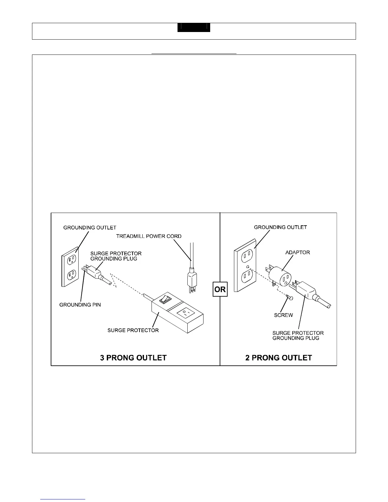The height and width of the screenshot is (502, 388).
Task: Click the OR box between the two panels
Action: [x=220, y=289]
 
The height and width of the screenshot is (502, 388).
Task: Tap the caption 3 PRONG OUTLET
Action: [x=133, y=358]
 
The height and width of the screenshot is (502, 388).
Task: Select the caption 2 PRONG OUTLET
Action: [x=279, y=358]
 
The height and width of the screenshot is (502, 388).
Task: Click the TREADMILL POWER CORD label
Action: [x=149, y=236]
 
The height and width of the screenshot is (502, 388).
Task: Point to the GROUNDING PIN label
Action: [x=80, y=305]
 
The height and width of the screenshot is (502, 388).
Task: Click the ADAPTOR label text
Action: [x=298, y=253]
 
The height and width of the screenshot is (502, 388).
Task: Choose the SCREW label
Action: [x=283, y=315]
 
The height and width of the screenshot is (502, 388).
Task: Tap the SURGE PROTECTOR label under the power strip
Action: [x=133, y=330]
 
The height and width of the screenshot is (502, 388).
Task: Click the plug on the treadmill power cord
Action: [x=191, y=279]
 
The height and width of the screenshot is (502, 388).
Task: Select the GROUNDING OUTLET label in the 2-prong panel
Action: [x=280, y=227]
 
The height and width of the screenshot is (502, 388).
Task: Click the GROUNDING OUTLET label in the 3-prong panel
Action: [x=90, y=228]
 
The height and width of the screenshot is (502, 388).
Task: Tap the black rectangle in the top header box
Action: [x=194, y=28]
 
